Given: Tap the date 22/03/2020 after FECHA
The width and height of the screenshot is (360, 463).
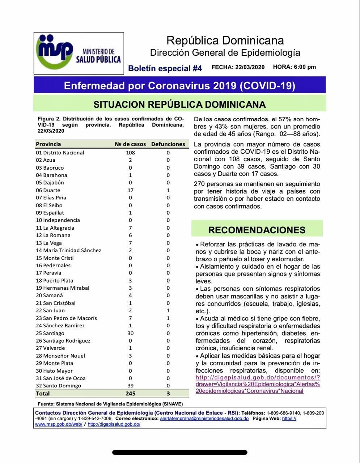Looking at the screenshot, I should (x=250, y=67).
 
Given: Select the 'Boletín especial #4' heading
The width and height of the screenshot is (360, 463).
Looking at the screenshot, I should (x=165, y=68).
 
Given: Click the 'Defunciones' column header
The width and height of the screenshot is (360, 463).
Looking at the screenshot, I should (x=168, y=144).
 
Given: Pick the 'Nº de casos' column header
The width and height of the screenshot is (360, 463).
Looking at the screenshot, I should (x=130, y=144).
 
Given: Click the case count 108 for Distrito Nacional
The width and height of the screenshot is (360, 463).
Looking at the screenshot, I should (x=130, y=153).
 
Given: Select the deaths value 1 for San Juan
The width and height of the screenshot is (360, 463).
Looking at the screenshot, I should (x=168, y=310).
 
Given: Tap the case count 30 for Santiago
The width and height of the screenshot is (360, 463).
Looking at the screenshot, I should (x=130, y=333).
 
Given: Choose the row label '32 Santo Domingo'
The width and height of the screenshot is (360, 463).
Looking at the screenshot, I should (x=58, y=386).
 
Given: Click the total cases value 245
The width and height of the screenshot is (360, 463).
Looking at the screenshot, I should (x=130, y=394).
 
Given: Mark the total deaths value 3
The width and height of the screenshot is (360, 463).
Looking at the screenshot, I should (x=168, y=394).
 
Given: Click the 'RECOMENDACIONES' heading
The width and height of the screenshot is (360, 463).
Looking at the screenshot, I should (x=257, y=230).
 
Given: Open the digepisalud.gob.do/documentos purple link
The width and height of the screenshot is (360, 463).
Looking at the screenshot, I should (x=258, y=384).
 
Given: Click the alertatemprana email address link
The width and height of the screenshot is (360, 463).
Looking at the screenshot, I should (x=204, y=419).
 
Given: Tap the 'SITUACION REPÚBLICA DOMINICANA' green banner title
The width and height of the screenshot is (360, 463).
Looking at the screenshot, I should (x=179, y=105).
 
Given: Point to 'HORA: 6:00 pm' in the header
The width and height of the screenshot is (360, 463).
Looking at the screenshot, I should (x=295, y=67).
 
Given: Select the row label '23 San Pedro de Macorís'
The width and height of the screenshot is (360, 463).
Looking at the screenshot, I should (x=66, y=318).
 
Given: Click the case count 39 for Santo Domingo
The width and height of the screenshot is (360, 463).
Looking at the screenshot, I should (x=130, y=386).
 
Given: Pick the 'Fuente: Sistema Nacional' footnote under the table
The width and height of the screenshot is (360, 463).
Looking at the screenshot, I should (x=110, y=404).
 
